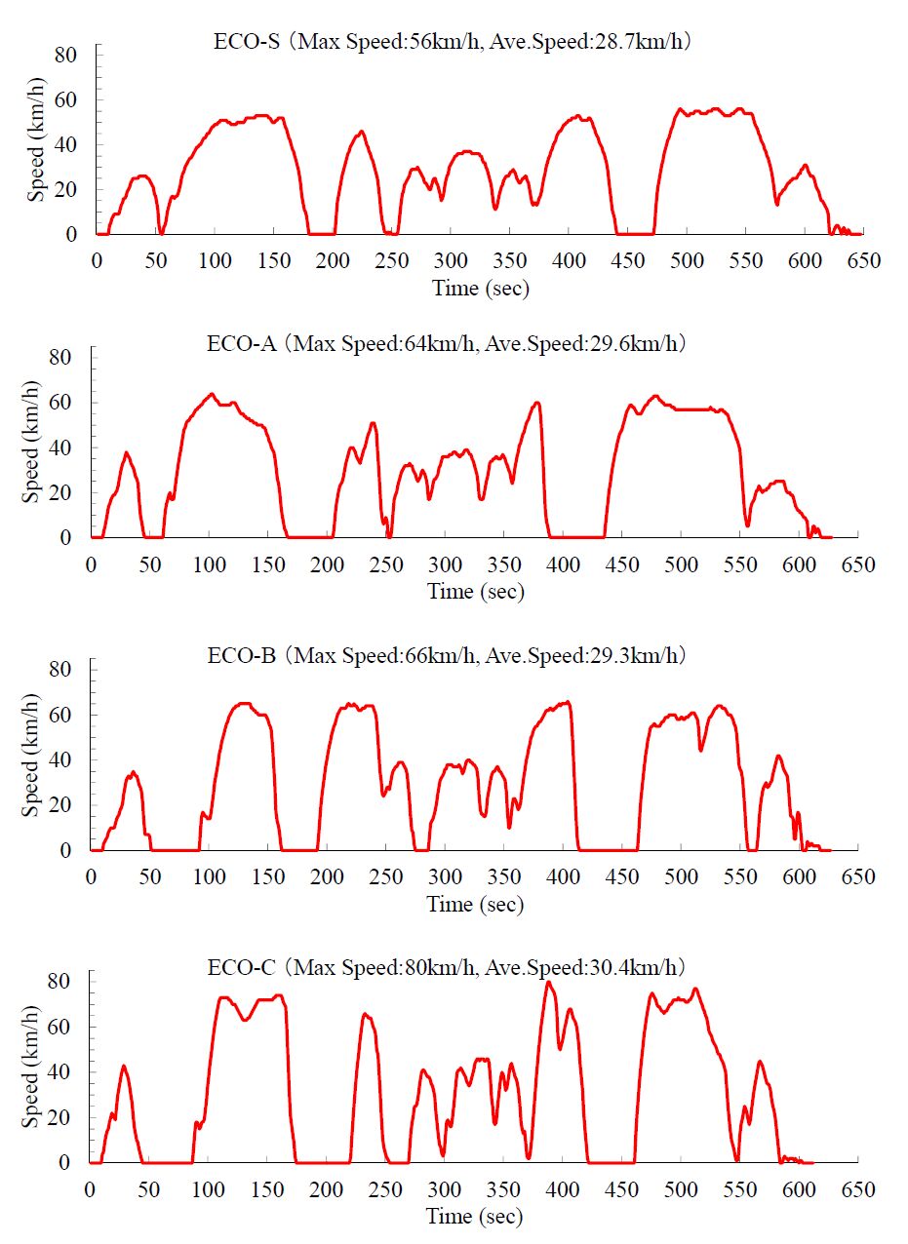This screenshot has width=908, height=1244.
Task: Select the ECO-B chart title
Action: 448,656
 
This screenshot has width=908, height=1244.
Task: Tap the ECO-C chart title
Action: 448,968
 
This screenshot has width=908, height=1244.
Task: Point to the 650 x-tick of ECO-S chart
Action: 864,261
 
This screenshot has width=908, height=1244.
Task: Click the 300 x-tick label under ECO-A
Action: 445,564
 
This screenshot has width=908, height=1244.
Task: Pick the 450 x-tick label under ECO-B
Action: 622,876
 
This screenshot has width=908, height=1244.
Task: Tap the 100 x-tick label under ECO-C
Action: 208,1189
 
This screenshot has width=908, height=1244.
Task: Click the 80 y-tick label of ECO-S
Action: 65,55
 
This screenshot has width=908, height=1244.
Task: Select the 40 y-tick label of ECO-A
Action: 60,447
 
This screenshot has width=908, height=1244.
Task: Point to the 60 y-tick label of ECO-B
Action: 60,715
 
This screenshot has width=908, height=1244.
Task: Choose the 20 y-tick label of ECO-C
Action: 60,1118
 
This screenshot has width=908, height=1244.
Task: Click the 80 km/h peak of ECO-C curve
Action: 548,983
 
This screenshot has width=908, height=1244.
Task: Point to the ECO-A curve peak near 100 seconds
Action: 211,394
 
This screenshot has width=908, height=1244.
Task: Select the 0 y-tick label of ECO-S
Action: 71,234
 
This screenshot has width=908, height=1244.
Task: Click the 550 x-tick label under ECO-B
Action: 740,876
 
